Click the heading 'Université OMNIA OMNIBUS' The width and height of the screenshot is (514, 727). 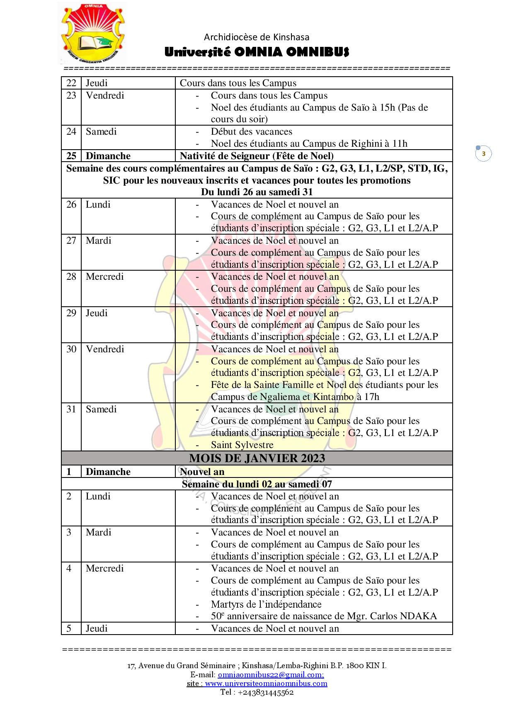257,52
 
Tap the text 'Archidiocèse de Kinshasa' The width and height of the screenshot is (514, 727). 257,37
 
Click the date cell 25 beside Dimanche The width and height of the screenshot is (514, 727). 71,156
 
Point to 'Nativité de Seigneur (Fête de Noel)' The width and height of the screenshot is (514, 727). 257,156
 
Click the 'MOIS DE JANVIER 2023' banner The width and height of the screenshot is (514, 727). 257,458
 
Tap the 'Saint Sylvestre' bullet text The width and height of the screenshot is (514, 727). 242,445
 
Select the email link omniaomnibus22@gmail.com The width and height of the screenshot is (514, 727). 271,674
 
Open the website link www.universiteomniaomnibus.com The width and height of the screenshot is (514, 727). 266,683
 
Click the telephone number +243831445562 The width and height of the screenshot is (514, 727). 266,692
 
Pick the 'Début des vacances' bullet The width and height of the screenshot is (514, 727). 252,132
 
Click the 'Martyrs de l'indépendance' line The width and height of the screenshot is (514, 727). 266,604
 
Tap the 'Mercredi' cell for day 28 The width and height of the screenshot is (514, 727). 105,277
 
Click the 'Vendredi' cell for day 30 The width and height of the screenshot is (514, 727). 105,349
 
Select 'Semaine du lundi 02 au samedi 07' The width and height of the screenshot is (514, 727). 257,484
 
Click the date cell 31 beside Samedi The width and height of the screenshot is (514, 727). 71,410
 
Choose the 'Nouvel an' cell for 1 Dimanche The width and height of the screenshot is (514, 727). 202,472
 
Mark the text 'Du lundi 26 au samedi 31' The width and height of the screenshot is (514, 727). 257,192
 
